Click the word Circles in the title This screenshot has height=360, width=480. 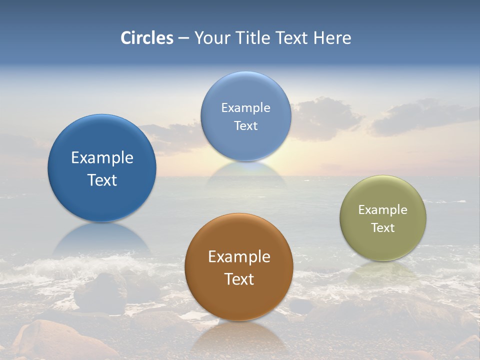(147, 37)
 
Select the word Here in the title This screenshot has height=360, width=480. (332, 37)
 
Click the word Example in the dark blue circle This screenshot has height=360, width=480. (102, 158)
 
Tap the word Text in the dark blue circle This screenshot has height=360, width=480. (102, 180)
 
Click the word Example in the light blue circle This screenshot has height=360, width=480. (245, 107)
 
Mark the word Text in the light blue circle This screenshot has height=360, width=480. (245, 125)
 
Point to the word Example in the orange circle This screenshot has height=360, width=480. (239, 256)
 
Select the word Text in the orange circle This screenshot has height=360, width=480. (239, 279)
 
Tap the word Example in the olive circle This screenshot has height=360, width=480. (383, 210)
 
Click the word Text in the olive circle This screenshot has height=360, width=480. (383, 228)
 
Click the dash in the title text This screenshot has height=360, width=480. (183, 38)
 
